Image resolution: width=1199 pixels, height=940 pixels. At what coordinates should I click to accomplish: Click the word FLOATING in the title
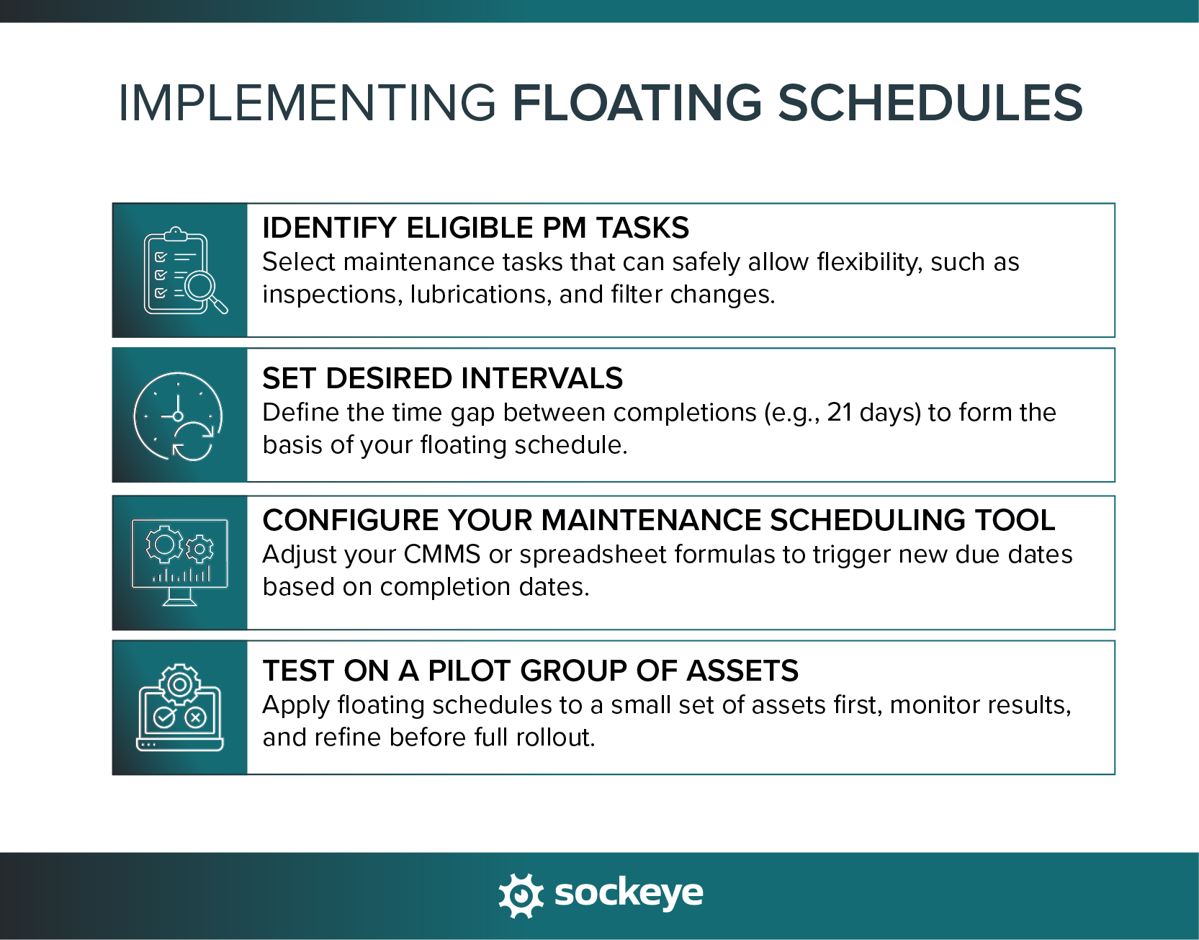tap(637, 102)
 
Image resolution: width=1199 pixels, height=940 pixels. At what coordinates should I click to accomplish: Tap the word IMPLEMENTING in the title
tap(307, 102)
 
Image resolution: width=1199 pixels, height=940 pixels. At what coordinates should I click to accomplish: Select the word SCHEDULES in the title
tap(930, 102)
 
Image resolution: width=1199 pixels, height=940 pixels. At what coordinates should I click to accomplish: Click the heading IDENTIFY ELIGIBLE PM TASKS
tap(475, 228)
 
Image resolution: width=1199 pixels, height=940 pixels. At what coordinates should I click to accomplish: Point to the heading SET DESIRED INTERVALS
tap(442, 378)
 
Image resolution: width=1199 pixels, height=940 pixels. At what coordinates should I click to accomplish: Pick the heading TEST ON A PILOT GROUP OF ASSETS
tap(530, 671)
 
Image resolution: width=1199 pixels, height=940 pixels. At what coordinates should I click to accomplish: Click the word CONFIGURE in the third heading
tap(351, 520)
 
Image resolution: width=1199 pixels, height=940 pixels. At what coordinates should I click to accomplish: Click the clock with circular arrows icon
tap(179, 416)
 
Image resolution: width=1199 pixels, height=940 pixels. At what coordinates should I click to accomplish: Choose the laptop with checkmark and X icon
tap(179, 708)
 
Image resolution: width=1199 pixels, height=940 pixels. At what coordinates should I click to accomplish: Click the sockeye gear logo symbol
tap(521, 895)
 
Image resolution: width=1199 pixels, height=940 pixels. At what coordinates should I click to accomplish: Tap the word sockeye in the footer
tap(628, 893)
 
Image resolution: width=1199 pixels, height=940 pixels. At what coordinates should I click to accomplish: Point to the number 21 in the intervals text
tap(839, 413)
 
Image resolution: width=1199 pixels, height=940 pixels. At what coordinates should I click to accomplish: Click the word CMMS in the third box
tap(441, 555)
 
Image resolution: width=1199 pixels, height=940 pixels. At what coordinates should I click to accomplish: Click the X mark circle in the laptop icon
tap(196, 717)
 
